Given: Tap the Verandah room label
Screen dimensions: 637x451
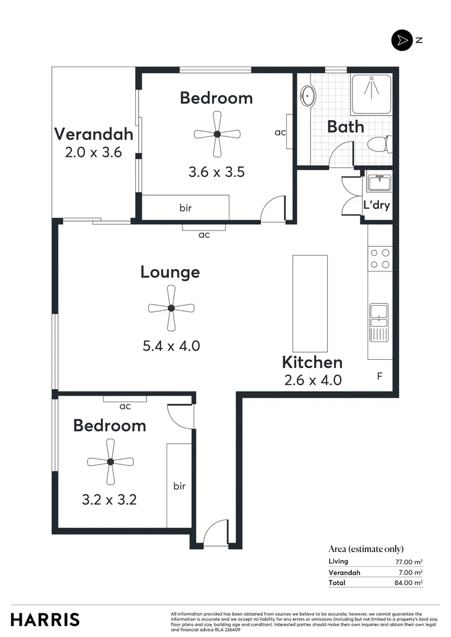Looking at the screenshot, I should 93,134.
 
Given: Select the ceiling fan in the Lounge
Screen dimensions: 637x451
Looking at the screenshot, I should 171,308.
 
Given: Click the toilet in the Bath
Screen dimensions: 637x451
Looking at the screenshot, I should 377,144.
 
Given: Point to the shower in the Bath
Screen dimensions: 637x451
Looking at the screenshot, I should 371,94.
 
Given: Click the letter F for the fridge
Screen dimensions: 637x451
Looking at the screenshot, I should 380,375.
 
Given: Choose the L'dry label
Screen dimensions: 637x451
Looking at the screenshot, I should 376,206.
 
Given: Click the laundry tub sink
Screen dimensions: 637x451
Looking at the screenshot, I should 377,183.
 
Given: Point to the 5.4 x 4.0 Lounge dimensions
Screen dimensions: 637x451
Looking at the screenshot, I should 171,346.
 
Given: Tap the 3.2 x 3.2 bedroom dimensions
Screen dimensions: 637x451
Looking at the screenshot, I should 109,500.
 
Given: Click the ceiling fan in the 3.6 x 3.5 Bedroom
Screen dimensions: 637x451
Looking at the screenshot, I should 217,134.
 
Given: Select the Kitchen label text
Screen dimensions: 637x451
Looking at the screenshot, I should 312,362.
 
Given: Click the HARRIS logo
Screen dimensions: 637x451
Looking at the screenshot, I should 45,619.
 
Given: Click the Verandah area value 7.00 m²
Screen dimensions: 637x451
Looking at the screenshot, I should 410,572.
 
